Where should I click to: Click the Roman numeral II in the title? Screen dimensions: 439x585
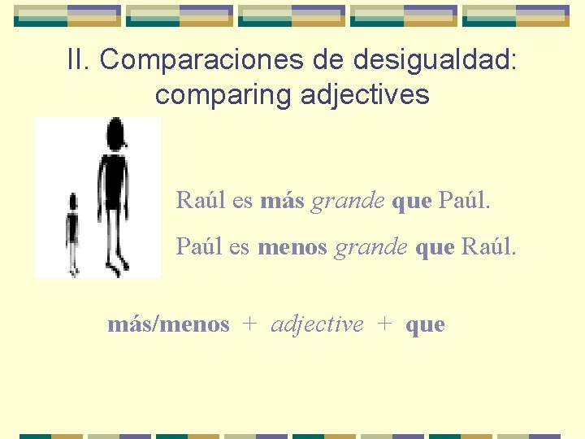(x=78, y=59)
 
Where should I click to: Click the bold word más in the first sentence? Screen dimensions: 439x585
(x=282, y=200)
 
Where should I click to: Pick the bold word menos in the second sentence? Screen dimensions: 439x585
(x=292, y=246)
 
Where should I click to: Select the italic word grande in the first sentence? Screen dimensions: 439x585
(x=348, y=201)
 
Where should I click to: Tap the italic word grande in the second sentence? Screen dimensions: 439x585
(x=370, y=246)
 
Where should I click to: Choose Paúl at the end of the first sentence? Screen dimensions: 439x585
(x=464, y=200)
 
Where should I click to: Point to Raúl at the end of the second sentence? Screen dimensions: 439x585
(x=487, y=246)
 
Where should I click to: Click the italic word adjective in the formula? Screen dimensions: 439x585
(x=317, y=324)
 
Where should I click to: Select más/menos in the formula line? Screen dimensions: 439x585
(x=168, y=324)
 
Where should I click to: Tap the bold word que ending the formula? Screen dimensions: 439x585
(x=425, y=325)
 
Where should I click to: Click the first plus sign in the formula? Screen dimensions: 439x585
(x=250, y=324)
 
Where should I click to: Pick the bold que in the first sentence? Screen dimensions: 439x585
(x=411, y=201)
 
